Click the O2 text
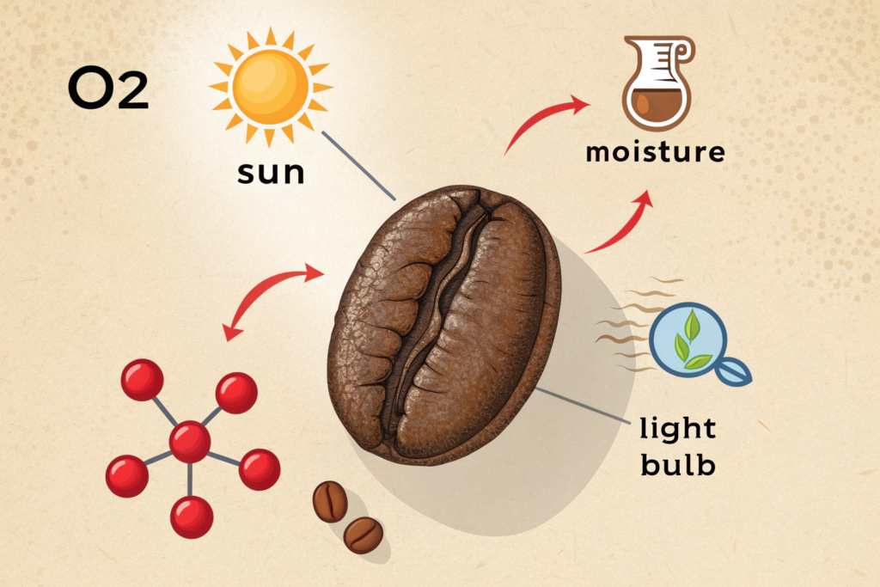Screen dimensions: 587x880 click(x=108, y=90)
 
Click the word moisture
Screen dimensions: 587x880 click(x=656, y=153)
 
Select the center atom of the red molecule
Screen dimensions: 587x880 click(x=189, y=442)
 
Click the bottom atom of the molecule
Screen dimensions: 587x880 click(x=191, y=517)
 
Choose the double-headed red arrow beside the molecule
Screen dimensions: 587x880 click(x=271, y=300)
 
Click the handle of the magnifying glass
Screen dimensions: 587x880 click(x=734, y=370)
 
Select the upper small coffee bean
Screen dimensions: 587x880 click(x=330, y=501)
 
